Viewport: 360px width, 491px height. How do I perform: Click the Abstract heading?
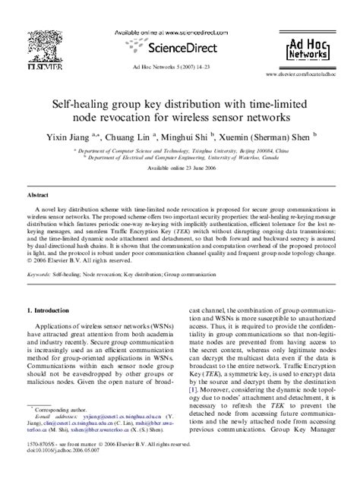click(x=40, y=195)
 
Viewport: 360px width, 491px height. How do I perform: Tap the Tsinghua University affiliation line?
click(x=179, y=151)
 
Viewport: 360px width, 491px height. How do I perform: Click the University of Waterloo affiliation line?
click(x=179, y=158)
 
